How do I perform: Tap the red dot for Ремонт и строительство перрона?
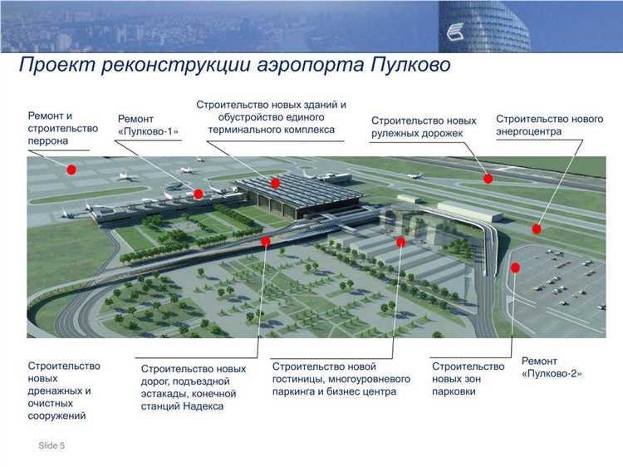[71, 170]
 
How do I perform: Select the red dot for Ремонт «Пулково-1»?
[199, 194]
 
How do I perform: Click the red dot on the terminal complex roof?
[275, 181]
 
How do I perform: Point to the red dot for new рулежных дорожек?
[488, 178]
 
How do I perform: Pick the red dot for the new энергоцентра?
[537, 229]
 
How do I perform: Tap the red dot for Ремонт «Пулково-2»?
[515, 268]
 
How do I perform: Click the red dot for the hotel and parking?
[400, 242]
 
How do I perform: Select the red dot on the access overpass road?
[266, 242]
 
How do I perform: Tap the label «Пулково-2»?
[552, 375]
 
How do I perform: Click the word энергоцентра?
[529, 132]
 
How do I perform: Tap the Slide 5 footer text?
[52, 446]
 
